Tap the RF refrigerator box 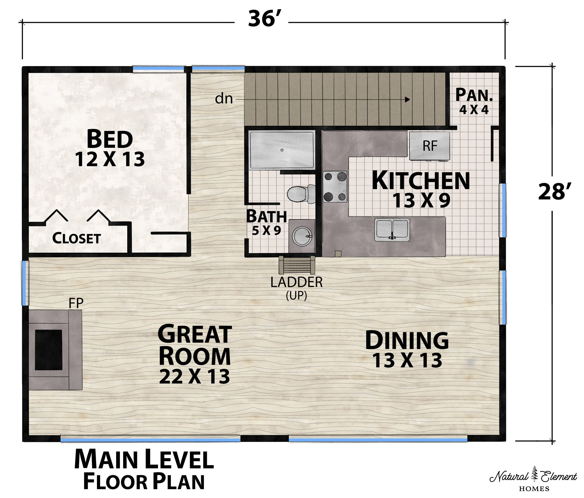(x=429, y=146)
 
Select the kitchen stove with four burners (x=335, y=187)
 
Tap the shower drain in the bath (x=282, y=150)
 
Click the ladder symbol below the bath (x=297, y=265)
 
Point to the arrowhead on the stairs (x=407, y=99)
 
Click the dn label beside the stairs (x=224, y=99)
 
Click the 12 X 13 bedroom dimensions (x=110, y=159)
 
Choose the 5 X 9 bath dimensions (x=266, y=231)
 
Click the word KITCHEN (x=421, y=181)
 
